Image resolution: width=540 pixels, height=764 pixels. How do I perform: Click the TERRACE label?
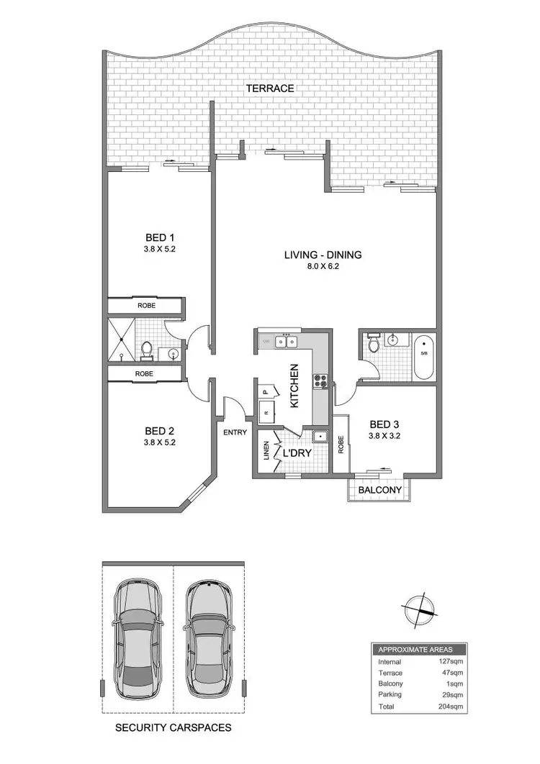click(x=270, y=88)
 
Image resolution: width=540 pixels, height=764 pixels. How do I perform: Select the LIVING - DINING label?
click(x=323, y=254)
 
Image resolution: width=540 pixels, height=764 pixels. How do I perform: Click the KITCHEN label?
click(x=294, y=386)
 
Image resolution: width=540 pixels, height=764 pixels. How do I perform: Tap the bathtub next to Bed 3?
click(x=423, y=358)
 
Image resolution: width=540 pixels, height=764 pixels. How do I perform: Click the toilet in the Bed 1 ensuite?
click(x=148, y=349)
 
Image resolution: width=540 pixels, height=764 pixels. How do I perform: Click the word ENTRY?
click(x=235, y=432)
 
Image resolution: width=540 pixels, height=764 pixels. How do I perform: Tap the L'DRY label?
click(x=297, y=455)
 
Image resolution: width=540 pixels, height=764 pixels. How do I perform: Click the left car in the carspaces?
click(x=138, y=636)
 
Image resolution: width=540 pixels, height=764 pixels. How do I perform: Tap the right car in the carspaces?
click(x=210, y=636)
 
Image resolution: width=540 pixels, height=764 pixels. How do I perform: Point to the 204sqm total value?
click(x=451, y=706)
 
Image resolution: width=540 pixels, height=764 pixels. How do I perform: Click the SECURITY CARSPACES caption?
click(x=174, y=727)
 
